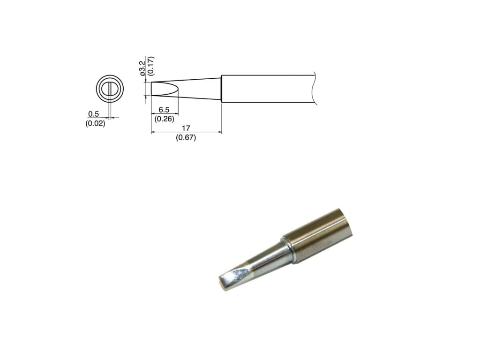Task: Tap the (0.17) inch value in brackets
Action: [x=150, y=66]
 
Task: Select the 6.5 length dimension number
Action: [x=164, y=109]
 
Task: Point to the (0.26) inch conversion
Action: [x=164, y=119]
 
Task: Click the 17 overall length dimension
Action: [x=186, y=128]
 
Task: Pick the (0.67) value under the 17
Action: [x=186, y=137]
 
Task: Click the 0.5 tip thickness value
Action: [x=93, y=114]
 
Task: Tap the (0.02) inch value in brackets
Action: [x=95, y=124]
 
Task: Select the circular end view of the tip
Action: [x=110, y=89]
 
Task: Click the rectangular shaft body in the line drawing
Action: [x=267, y=89]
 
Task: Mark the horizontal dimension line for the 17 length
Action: [x=186, y=133]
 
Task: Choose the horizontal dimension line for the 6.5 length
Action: [x=164, y=114]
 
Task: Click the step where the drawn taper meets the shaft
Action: [x=221, y=89]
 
